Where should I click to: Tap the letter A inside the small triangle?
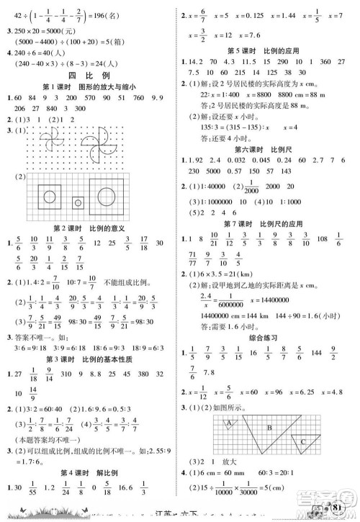point(230,423)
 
